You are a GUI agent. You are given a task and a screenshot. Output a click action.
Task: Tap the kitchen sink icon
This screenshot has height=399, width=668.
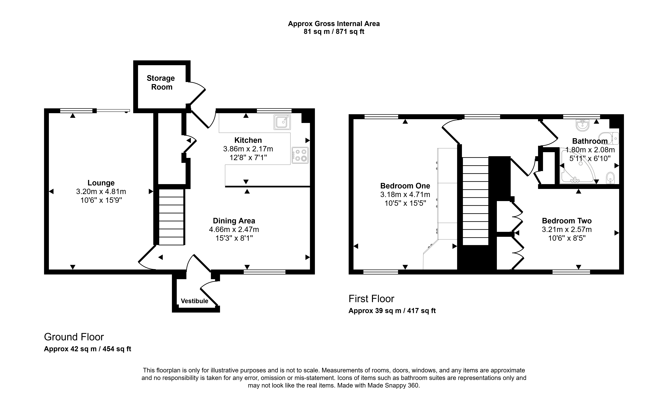[282, 122]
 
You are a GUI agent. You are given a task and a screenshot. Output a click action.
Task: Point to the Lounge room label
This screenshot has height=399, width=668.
[101, 183]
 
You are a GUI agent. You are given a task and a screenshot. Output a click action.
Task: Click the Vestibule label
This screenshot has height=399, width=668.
[195, 301]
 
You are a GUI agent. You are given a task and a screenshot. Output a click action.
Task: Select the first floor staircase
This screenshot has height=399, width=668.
[475, 201]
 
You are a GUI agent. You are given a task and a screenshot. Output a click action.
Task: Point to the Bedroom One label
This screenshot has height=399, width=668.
[405, 186]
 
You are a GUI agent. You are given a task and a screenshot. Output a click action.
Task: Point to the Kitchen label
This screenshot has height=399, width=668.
[248, 140]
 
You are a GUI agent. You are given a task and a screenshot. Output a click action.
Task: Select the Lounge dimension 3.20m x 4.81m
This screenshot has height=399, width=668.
[101, 191]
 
